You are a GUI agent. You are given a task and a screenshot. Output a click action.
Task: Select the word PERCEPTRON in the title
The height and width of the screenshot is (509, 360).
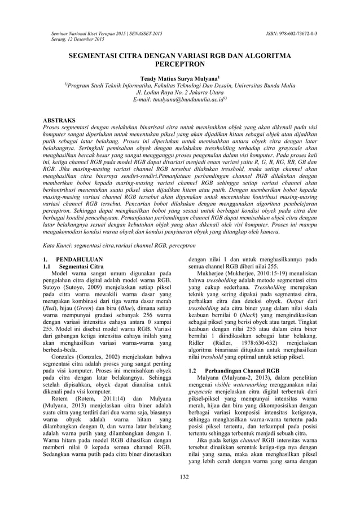coord(179,65)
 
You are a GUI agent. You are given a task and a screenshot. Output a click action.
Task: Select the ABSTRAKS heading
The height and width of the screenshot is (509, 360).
coord(60,120)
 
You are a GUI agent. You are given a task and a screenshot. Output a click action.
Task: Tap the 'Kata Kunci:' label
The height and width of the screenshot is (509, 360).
coord(58,246)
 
